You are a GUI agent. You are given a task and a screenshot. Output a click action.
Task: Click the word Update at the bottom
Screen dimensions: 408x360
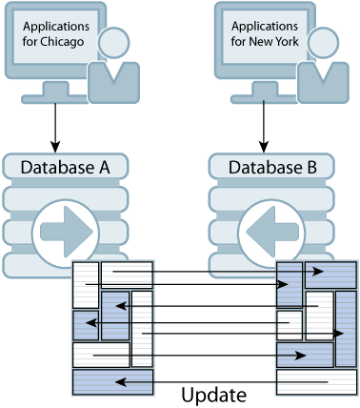[x=216, y=394]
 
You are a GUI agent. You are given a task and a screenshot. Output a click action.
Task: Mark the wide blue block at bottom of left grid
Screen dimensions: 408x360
[x=111, y=383]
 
